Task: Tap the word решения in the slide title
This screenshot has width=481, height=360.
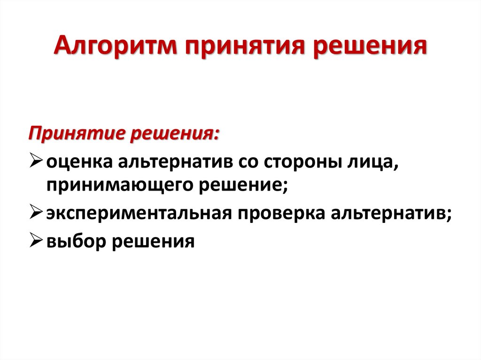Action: [365, 49]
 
